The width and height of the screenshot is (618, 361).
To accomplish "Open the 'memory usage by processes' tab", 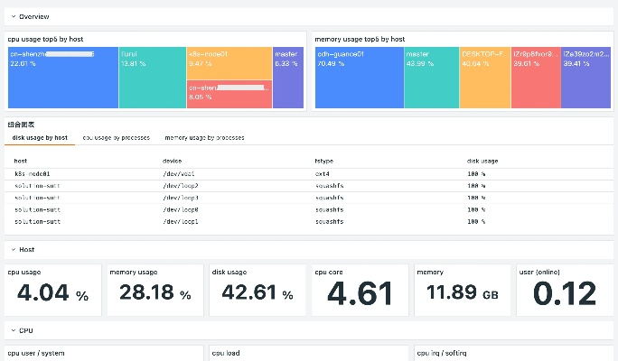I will pyautogui.click(x=204, y=138).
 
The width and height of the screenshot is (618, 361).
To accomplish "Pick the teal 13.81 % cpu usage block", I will pyautogui.click(x=152, y=78).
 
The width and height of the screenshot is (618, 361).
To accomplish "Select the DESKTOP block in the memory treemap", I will pyautogui.click(x=485, y=78).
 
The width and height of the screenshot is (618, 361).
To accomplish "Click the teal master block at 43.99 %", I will pyautogui.click(x=432, y=78).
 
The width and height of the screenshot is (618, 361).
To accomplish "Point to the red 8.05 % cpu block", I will pyautogui.click(x=229, y=94).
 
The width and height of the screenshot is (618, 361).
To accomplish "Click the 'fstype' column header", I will pyautogui.click(x=323, y=161).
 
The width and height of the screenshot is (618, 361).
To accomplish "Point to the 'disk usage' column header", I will pyautogui.click(x=482, y=161).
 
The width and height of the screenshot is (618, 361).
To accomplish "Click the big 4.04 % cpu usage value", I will pyautogui.click(x=52, y=294).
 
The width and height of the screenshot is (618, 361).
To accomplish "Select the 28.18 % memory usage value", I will pyautogui.click(x=154, y=294).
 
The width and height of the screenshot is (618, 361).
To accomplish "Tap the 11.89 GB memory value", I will pyautogui.click(x=463, y=294).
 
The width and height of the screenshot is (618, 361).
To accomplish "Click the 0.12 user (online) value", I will pyautogui.click(x=565, y=294).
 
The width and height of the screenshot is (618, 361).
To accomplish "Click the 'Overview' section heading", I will pyautogui.click(x=33, y=16).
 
